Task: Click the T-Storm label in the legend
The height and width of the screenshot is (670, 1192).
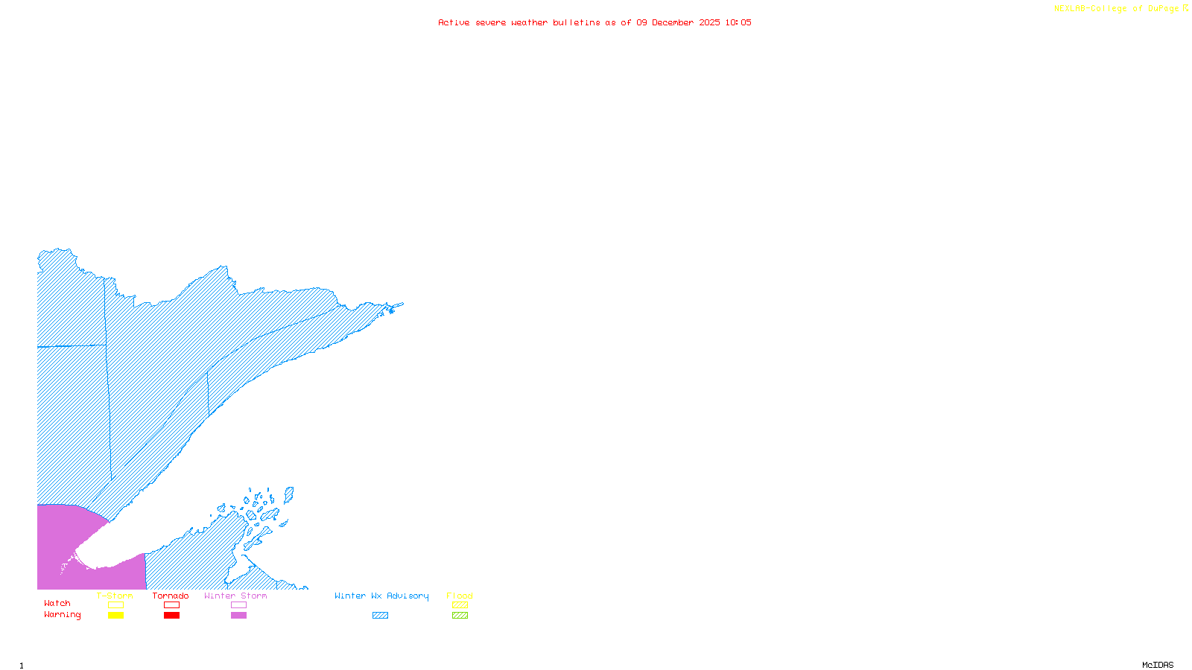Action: (115, 596)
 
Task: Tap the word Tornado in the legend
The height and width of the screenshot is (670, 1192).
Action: (171, 596)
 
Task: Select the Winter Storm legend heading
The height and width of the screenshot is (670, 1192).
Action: (235, 596)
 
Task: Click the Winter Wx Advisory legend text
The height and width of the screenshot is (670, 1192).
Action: (381, 596)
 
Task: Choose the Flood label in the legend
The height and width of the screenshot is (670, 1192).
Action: (460, 596)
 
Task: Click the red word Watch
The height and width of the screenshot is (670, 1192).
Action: (57, 603)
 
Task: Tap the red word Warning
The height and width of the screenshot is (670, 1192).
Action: (63, 615)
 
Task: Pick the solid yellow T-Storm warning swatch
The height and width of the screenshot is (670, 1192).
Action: (115, 616)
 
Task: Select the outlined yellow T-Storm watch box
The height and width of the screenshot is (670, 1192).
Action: (115, 605)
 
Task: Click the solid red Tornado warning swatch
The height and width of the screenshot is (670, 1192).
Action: (171, 616)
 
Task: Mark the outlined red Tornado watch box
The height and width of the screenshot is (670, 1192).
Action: (171, 605)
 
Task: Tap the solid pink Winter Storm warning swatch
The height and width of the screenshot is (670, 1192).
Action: (238, 616)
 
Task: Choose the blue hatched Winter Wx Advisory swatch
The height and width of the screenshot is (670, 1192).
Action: (380, 616)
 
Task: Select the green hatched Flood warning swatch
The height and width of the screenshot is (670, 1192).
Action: (460, 616)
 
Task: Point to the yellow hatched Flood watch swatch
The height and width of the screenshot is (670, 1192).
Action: (460, 605)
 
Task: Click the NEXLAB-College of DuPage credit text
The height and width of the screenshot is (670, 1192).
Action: (1117, 9)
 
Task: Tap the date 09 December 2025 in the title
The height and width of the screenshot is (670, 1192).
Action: (678, 22)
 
